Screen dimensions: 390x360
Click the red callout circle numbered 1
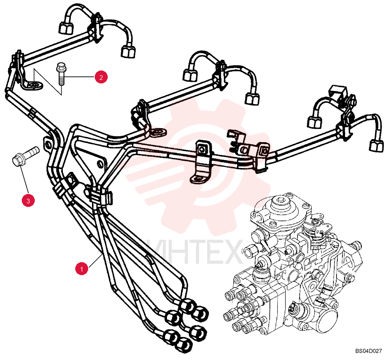[82, 268]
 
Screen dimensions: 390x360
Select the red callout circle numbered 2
[101, 77]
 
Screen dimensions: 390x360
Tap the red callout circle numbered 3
[28, 200]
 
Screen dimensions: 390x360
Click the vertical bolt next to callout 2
[60, 74]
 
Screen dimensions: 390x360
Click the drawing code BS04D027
[369, 351]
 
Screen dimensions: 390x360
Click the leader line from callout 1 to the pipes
[95, 260]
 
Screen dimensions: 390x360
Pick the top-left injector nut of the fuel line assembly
[66, 28]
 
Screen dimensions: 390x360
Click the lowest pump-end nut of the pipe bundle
[184, 344]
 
